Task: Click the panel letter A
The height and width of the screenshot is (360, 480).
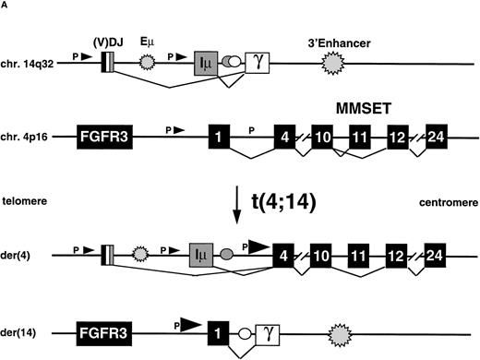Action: click(6, 8)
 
